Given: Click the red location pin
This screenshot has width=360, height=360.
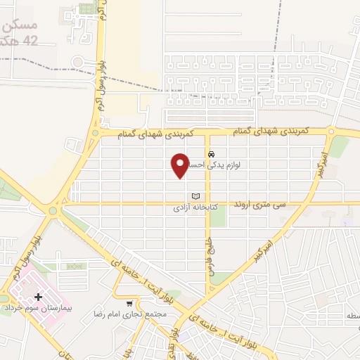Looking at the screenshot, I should pos(180,165).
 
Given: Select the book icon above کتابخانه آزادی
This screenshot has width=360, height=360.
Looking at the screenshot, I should pos(195,196).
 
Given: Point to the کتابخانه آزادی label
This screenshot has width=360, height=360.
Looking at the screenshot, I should pos(195,208).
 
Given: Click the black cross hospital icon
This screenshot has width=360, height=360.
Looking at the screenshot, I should pos(37,297).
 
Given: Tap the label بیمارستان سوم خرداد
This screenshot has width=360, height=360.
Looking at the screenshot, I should pos(34,309).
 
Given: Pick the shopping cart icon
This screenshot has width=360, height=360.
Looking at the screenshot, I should pos(129,304).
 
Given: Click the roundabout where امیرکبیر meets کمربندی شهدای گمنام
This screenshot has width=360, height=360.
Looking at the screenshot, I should pos(332,131).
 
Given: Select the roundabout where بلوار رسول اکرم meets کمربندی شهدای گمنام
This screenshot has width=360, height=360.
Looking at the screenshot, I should pos(95,132).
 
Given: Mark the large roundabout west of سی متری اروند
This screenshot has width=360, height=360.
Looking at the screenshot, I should pos(53,210).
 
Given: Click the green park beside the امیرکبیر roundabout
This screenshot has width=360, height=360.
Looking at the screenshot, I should pos(340,146).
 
